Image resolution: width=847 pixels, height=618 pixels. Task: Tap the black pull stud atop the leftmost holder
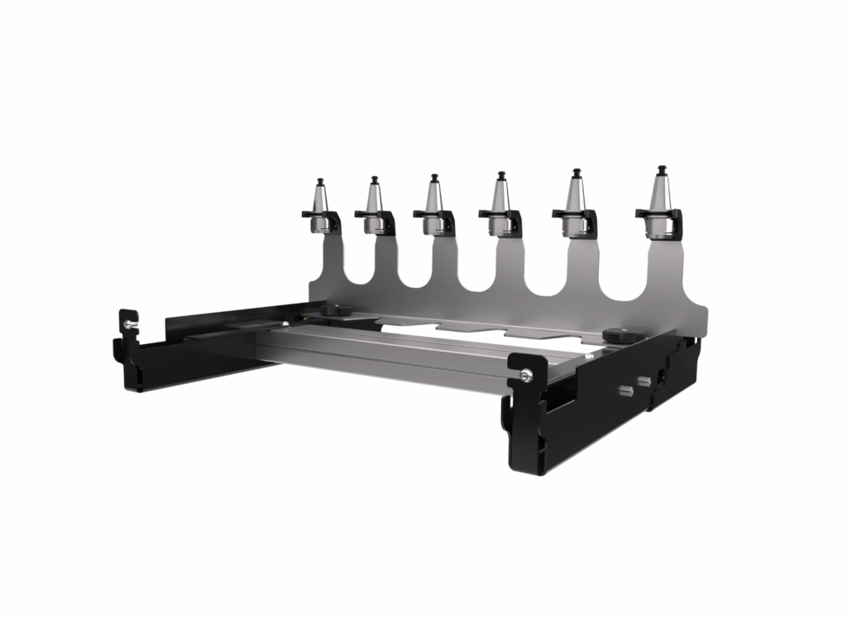320,180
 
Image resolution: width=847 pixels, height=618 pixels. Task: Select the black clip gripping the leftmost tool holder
321,220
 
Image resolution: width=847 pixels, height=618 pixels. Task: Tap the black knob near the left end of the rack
335,309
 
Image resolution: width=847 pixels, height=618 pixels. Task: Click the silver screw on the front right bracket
526,377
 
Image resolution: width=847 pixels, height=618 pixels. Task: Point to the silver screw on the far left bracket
129,324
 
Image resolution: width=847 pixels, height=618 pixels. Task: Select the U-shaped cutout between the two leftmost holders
348,265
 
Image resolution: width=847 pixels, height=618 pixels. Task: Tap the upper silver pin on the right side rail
644,381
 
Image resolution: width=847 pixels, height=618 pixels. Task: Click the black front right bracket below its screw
525,430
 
